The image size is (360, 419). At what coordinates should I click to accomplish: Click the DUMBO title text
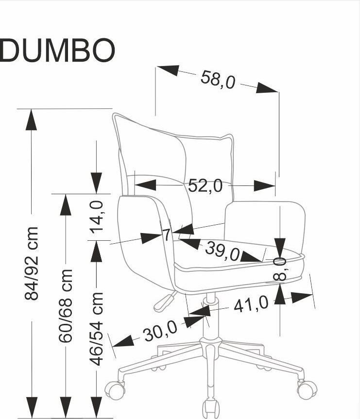click(x=57, y=50)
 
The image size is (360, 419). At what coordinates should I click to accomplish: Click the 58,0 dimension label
click(x=218, y=80)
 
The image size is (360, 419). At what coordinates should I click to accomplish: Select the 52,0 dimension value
click(x=205, y=185)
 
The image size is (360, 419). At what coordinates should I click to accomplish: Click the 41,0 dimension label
click(x=251, y=304)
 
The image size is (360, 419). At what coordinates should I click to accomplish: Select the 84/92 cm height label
click(x=32, y=263)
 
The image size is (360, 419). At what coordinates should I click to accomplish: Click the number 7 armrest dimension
click(x=166, y=235)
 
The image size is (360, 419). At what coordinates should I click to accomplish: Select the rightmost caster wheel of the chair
click(x=307, y=388)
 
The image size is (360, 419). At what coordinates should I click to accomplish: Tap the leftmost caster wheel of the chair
click(x=116, y=389)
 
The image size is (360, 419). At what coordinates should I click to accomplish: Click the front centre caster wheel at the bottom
click(x=211, y=408)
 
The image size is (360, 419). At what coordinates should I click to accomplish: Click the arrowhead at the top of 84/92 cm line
click(x=31, y=119)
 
